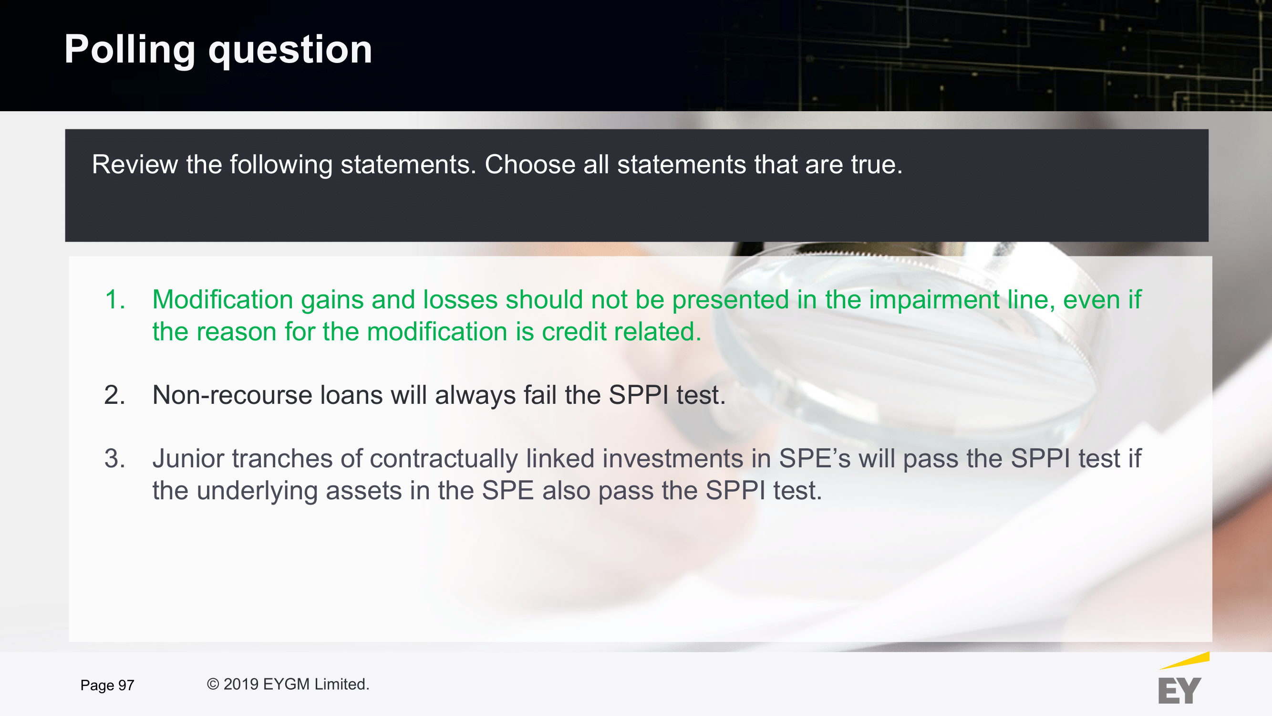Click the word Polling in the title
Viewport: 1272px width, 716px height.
click(x=130, y=50)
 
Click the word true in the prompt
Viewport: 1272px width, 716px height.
click(x=873, y=165)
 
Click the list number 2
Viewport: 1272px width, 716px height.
click(x=114, y=395)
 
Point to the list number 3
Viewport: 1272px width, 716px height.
click(x=114, y=459)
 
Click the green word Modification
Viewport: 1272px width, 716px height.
click(x=223, y=299)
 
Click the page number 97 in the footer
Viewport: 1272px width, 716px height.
click(x=126, y=685)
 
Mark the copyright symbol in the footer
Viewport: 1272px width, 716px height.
click(x=213, y=684)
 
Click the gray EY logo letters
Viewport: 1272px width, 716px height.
click(x=1179, y=691)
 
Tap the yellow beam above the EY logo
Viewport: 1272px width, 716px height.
click(x=1185, y=661)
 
